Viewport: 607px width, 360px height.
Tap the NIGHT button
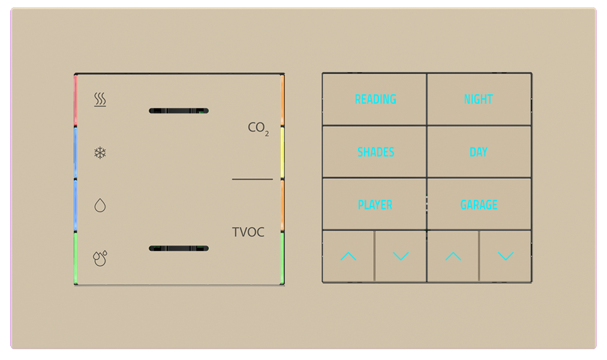tap(478, 100)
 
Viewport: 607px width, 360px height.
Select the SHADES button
tap(375, 152)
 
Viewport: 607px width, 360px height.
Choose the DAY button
tap(478, 152)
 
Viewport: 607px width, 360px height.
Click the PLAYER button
tap(375, 205)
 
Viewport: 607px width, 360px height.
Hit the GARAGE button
tap(479, 205)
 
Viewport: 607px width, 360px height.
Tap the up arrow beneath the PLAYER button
tap(348, 257)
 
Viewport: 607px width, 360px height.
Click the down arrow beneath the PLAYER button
tap(401, 257)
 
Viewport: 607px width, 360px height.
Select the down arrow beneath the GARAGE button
tap(506, 257)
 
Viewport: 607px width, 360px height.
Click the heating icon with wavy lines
tap(100, 100)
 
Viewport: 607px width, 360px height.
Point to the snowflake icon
tap(100, 153)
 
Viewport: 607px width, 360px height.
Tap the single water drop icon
tap(100, 206)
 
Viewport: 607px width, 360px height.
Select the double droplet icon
tap(100, 258)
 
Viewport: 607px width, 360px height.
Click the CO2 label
tap(258, 128)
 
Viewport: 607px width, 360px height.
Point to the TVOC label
tap(248, 232)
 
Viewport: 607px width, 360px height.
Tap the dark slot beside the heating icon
tap(178, 111)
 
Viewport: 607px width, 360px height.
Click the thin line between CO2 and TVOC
tap(252, 179)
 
